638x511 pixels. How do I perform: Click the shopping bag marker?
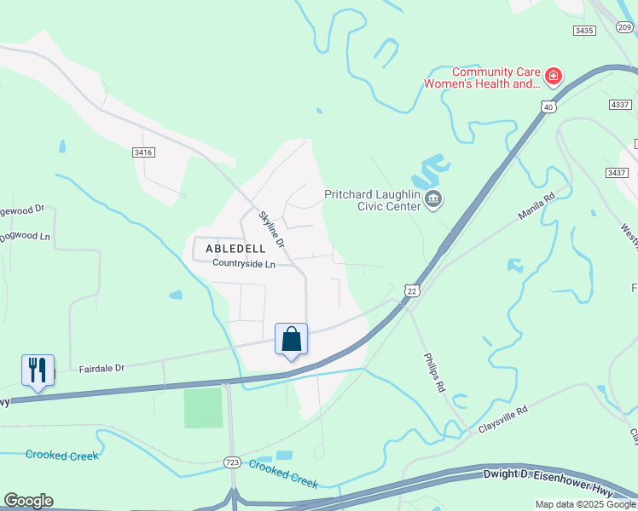click(291, 339)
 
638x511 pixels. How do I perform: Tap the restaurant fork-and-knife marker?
click(38, 370)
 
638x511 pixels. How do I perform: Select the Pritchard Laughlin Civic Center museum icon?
click(432, 200)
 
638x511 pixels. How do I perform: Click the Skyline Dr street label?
click(273, 231)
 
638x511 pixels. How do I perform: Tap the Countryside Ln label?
click(244, 264)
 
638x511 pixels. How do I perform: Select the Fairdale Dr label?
click(101, 368)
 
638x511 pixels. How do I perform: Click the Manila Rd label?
click(536, 205)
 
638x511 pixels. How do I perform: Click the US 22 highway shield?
click(411, 290)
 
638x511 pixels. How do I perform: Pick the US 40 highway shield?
click(548, 106)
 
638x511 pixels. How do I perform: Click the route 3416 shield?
click(143, 152)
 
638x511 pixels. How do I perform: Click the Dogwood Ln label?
click(25, 236)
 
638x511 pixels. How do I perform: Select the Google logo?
click(28, 501)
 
